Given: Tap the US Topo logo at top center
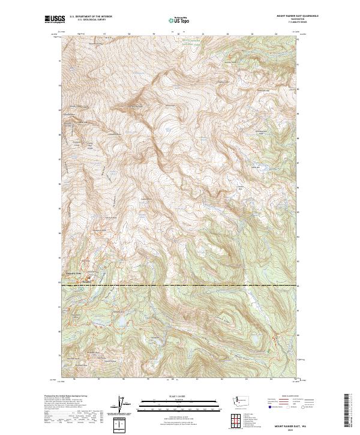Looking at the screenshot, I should click(179, 20).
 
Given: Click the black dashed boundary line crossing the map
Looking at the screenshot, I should click(180, 286).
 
